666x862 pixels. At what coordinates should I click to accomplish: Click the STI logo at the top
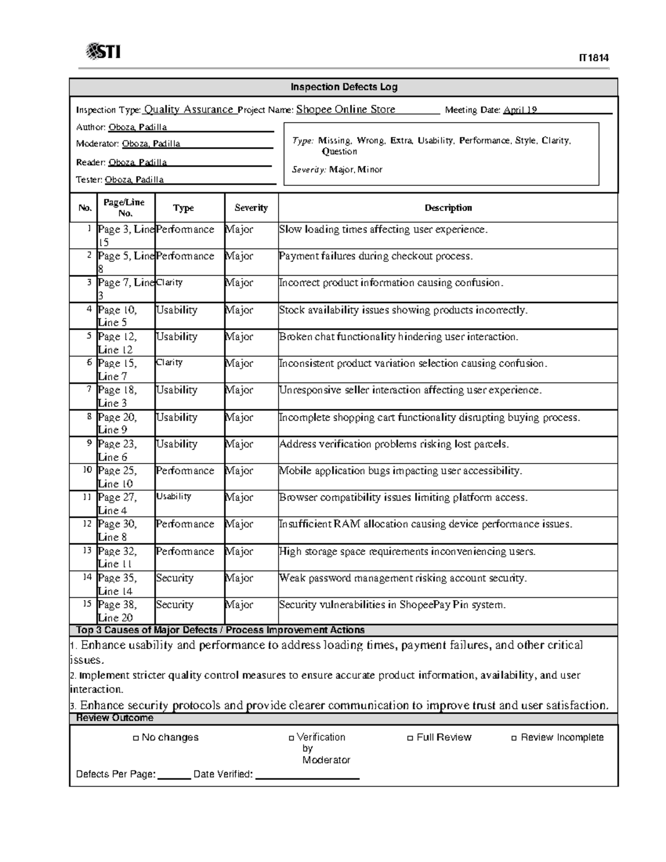point(103,52)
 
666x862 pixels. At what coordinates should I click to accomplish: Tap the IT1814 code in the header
point(593,58)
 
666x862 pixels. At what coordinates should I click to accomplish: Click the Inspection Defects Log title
point(344,87)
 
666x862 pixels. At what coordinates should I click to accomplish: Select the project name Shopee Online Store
point(345,109)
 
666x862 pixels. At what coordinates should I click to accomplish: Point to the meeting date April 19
point(519,110)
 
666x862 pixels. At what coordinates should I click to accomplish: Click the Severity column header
point(251,208)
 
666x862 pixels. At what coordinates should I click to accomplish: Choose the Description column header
point(448,208)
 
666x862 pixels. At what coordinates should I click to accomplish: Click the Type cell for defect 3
point(169,283)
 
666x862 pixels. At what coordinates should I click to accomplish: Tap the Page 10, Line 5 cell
point(117,316)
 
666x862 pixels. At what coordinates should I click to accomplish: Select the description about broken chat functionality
point(398,337)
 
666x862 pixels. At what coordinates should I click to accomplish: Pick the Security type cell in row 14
point(174,578)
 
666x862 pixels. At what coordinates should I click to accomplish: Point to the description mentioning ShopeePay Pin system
point(392,604)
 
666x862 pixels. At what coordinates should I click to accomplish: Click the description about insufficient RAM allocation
point(425,524)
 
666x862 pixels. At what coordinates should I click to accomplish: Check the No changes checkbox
point(135,738)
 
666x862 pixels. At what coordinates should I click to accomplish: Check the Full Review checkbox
point(410,738)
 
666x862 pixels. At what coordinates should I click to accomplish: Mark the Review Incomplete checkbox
point(514,738)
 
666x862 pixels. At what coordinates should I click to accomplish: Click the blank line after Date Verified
point(307,775)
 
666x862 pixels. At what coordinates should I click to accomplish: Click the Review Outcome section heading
point(114,718)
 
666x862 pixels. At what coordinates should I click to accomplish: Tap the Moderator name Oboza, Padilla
point(151,144)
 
